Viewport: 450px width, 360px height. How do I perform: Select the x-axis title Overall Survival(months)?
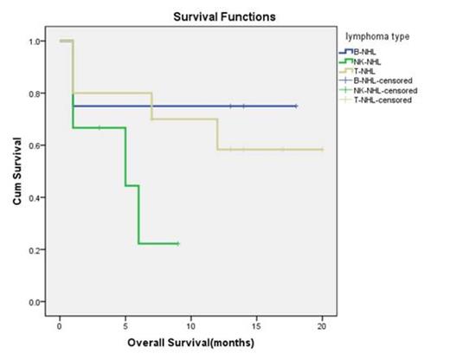191,343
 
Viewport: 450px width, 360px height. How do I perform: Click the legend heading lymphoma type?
377,36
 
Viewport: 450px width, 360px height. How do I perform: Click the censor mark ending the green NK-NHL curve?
177,244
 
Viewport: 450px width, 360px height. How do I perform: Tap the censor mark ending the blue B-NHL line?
296,106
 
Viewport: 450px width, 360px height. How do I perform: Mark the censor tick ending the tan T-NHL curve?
322,150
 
